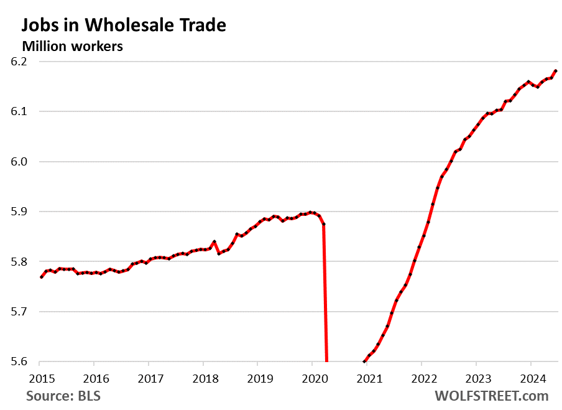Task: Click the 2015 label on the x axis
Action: (39, 377)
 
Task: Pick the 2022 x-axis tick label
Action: (421, 377)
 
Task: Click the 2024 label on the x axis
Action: (530, 377)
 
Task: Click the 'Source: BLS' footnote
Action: (63, 396)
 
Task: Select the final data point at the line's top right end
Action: (555, 71)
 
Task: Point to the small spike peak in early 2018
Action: (214, 241)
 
